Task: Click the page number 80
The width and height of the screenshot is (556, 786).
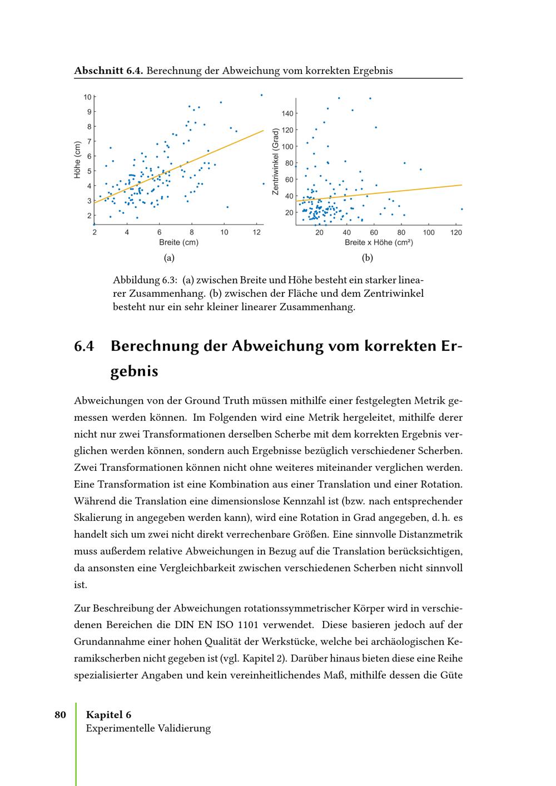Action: point(60,715)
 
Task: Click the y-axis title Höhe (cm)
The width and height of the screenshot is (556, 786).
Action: point(78,160)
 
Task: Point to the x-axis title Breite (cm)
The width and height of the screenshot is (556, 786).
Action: point(178,242)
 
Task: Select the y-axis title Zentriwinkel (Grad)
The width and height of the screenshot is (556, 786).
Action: point(275,161)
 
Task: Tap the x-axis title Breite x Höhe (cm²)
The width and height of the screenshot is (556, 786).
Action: point(379,242)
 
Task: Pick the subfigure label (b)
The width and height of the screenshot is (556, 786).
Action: point(368,258)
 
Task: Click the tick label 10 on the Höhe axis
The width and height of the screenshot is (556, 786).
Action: point(87,97)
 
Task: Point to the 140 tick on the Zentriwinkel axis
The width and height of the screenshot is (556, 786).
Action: point(287,114)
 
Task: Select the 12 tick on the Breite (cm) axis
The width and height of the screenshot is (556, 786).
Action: point(256,232)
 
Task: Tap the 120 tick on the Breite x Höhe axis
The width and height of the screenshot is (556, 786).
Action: point(456,232)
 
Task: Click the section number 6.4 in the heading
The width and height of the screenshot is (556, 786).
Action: point(84,346)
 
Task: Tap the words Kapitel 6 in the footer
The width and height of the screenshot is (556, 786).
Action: point(108,715)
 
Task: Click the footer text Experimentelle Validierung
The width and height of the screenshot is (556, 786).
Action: point(148,728)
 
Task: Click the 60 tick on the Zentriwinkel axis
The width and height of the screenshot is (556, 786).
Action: point(289,180)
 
